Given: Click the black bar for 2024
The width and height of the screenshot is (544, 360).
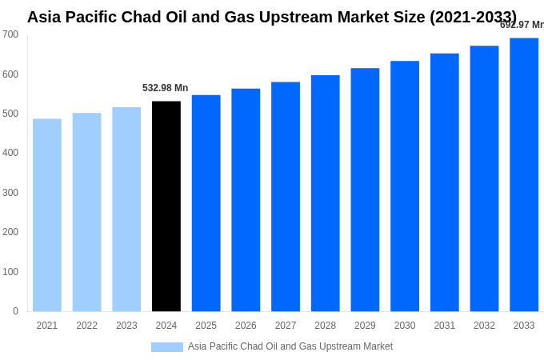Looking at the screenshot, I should (166, 206).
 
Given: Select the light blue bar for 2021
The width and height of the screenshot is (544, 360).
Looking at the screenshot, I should (47, 215).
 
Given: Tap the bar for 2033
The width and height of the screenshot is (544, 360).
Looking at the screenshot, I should (524, 174).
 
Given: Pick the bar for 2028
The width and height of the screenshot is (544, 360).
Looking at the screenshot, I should (325, 193).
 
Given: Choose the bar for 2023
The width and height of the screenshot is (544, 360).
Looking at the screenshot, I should (126, 210).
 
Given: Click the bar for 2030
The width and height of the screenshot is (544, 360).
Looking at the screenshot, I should (405, 186).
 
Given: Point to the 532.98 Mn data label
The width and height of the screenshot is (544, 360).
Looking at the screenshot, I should (165, 88).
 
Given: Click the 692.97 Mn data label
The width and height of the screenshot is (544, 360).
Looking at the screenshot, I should (522, 25).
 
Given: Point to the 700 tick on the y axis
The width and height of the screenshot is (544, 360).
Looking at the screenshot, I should (10, 34).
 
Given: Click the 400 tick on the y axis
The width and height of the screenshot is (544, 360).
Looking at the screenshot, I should (10, 153).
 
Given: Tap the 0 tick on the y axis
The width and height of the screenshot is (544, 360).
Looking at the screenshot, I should (15, 311).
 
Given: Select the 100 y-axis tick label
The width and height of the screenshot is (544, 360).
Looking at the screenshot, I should (10, 272).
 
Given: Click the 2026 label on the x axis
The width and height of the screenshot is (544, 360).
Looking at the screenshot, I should (246, 326).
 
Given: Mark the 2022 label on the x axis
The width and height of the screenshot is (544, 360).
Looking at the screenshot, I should (86, 326).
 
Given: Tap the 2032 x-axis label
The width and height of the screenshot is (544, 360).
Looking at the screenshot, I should (484, 326).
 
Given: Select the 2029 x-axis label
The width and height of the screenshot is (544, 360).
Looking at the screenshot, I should (365, 326).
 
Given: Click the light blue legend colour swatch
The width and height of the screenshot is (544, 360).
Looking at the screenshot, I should (166, 347).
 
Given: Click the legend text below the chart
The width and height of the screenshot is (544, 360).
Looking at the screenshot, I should (290, 346).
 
